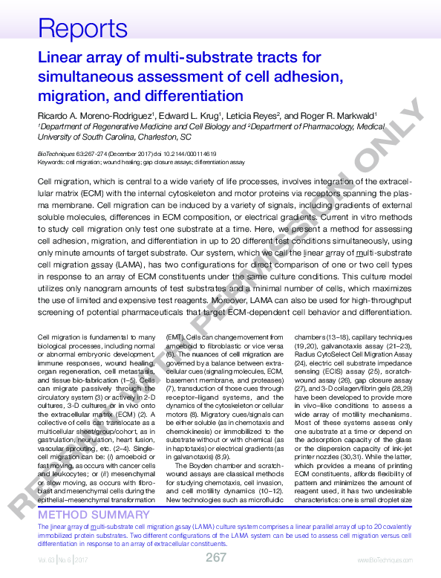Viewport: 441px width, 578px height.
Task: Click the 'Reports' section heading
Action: click(x=73, y=29)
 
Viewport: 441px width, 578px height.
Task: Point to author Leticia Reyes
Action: click(x=252, y=116)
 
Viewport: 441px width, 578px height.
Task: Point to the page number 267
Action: click(x=216, y=557)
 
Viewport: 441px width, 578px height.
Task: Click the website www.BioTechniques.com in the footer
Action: click(x=379, y=559)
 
